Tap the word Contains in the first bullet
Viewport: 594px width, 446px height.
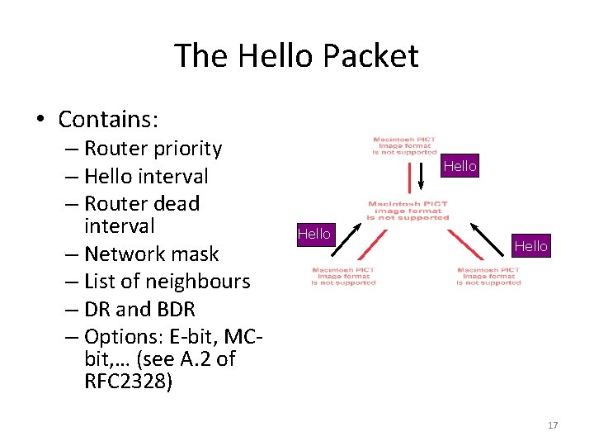click(107, 120)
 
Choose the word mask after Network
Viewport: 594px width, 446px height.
click(195, 254)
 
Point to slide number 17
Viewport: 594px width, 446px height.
click(552, 425)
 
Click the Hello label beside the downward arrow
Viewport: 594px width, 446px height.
click(460, 166)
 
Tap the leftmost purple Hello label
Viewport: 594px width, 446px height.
click(313, 234)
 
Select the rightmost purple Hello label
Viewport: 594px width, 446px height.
click(530, 245)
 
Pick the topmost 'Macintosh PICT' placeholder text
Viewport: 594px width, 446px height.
click(404, 146)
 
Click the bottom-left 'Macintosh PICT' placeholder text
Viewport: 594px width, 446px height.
click(343, 277)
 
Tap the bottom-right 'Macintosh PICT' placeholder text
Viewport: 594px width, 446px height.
click(488, 277)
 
